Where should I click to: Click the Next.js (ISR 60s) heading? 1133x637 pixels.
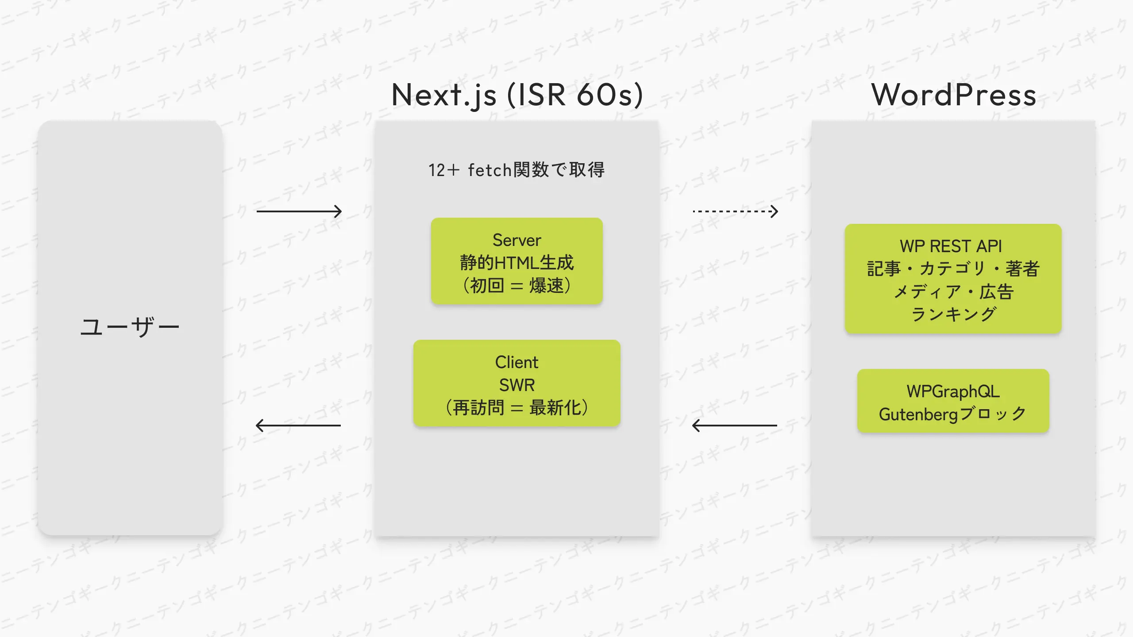(x=517, y=95)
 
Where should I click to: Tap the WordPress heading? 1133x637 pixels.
(x=953, y=95)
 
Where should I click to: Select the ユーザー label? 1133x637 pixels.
(x=130, y=327)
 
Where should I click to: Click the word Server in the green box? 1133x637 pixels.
(x=516, y=240)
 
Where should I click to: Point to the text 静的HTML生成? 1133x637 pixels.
(x=516, y=263)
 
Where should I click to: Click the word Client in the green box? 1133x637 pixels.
(x=516, y=362)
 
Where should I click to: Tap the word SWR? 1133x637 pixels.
(x=516, y=385)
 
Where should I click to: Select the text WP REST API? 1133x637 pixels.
(x=951, y=246)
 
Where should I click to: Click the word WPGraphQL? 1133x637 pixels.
(x=953, y=391)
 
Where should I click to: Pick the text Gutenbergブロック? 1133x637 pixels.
(x=952, y=414)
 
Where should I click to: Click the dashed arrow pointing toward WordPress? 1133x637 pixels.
(x=735, y=211)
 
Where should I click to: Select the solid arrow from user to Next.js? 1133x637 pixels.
(x=299, y=211)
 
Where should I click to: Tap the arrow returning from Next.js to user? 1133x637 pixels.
(x=298, y=426)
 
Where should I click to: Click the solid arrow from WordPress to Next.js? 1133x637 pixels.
(x=735, y=426)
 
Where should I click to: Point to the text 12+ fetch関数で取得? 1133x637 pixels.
(x=516, y=170)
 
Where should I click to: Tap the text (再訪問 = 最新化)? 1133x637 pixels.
(x=516, y=407)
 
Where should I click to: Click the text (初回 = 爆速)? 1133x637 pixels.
(x=516, y=285)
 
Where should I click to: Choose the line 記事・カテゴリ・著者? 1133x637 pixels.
(x=953, y=269)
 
